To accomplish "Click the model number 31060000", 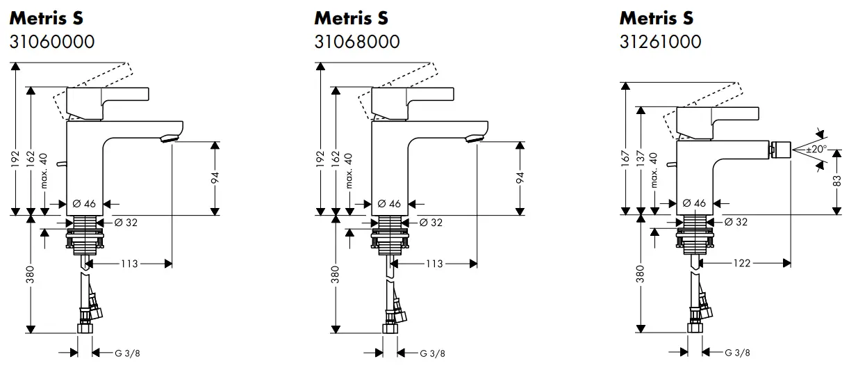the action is click(52, 42).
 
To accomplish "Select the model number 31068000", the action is click(357, 42).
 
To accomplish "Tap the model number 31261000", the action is click(660, 42).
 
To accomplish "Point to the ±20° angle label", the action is click(816, 149).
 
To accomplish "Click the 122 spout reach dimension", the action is click(742, 263).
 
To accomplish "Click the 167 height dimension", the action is click(625, 159).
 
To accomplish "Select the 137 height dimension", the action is click(640, 159).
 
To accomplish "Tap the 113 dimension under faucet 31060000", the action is click(129, 264).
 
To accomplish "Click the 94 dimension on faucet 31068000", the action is click(520, 177).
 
